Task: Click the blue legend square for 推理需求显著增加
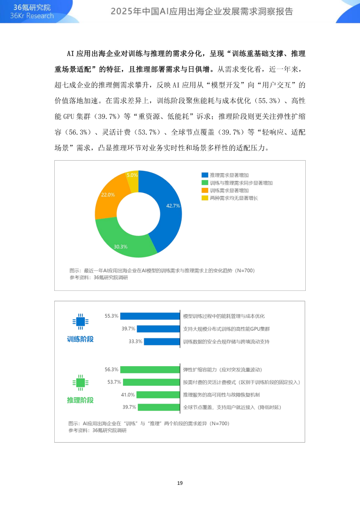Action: pos(205,175)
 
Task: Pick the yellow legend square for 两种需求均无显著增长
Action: pos(205,198)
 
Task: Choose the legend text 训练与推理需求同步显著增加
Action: pos(241,183)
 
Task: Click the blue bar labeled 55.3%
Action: pos(150,316)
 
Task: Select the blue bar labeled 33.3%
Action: pos(162,341)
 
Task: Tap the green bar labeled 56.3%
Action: pos(150,370)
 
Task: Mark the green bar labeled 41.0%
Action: pos(158,395)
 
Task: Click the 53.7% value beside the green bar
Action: pos(114,382)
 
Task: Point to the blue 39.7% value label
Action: pos(128,329)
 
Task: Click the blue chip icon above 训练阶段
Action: pos(80,321)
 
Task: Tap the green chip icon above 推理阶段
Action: pos(80,382)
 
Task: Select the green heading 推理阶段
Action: pos(80,400)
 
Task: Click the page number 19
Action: pos(180,483)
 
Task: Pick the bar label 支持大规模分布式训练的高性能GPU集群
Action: pos(226,329)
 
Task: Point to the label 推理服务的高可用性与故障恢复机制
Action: pos(221,395)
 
